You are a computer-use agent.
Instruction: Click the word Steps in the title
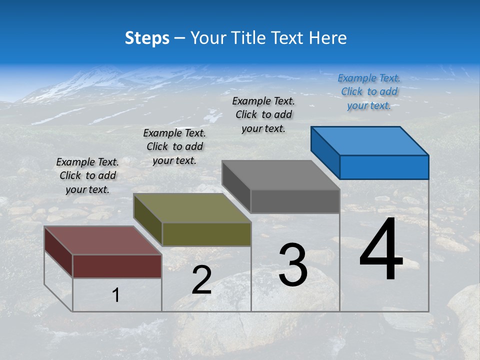(147, 38)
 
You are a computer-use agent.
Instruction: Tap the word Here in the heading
(328, 38)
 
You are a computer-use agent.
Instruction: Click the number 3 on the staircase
(293, 264)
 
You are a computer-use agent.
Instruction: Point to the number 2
(201, 279)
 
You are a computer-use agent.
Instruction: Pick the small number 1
(116, 295)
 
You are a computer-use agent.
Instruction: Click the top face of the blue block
(369, 141)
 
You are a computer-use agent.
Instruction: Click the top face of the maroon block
(102, 240)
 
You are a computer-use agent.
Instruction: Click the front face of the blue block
(384, 167)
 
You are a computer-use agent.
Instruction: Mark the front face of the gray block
(295, 201)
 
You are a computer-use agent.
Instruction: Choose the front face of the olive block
(206, 234)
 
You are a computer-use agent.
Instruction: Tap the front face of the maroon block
(117, 266)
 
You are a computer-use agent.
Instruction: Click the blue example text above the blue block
(369, 91)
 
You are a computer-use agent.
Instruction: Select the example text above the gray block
(263, 114)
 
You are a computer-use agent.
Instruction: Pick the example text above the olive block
(174, 146)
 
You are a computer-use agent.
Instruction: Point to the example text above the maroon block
(87, 175)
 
